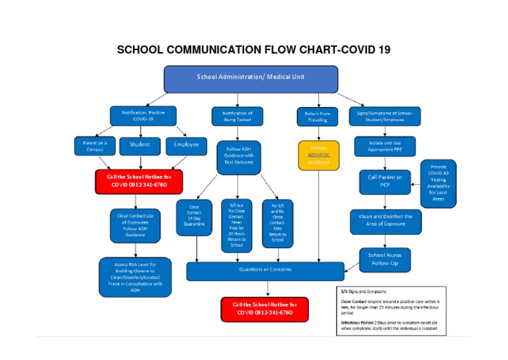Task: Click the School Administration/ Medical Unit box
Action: pos(251,78)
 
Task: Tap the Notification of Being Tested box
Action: pos(237,116)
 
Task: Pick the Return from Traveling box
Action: pos(317,117)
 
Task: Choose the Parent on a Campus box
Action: pos(93,146)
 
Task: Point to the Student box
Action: pos(140,145)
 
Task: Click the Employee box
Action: pos(186,145)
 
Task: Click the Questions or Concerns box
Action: pos(265,270)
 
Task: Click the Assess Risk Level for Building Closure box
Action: pos(135,277)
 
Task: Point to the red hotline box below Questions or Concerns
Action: pos(265,308)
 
